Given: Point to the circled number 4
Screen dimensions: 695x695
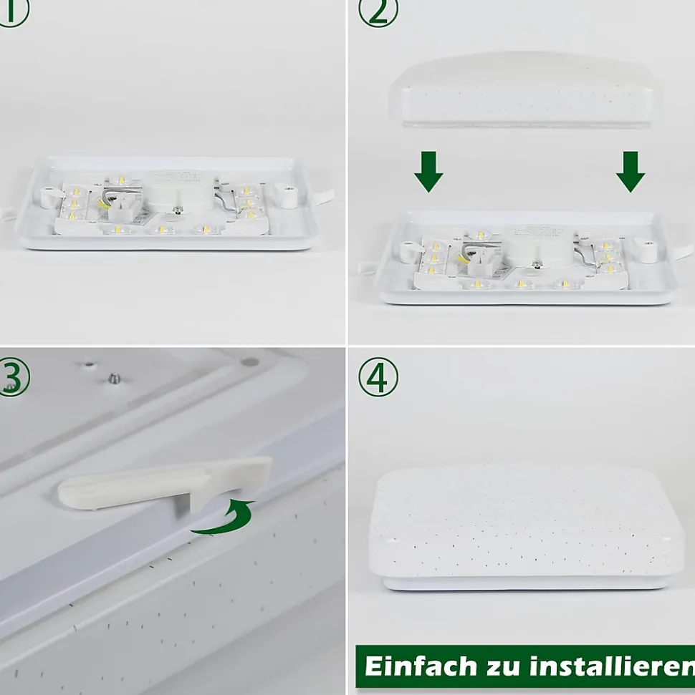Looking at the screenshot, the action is click(378, 377).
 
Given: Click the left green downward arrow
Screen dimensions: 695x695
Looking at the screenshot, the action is click(428, 172).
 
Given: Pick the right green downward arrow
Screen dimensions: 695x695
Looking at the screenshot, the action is click(631, 172).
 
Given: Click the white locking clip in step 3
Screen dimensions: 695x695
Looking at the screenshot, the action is click(165, 482).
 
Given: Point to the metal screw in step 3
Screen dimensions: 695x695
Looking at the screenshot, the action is click(115, 378).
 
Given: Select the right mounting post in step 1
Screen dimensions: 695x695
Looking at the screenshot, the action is click(286, 195).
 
